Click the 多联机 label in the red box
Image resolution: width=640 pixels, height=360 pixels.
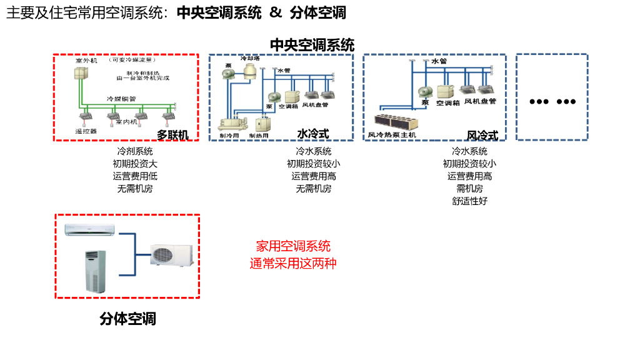click(172, 134)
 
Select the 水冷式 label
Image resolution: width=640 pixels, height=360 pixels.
click(312, 134)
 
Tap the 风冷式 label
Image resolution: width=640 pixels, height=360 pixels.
click(482, 135)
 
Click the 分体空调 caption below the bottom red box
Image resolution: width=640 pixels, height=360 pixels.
click(127, 319)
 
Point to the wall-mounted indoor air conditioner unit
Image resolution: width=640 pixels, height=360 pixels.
click(90, 229)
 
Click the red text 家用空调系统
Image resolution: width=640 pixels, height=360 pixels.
click(293, 246)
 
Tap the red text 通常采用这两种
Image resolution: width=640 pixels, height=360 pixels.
click(293, 263)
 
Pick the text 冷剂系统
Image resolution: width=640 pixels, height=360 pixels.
click(135, 151)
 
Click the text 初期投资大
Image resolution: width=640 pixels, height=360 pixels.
click(135, 164)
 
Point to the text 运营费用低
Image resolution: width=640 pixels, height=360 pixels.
click(135, 176)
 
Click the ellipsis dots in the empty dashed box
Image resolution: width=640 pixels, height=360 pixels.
click(552, 102)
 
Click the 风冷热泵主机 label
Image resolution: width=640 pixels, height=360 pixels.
click(392, 134)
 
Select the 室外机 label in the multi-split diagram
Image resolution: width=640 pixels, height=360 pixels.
click(86, 61)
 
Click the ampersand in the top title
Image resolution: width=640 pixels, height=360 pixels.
click(276, 12)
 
